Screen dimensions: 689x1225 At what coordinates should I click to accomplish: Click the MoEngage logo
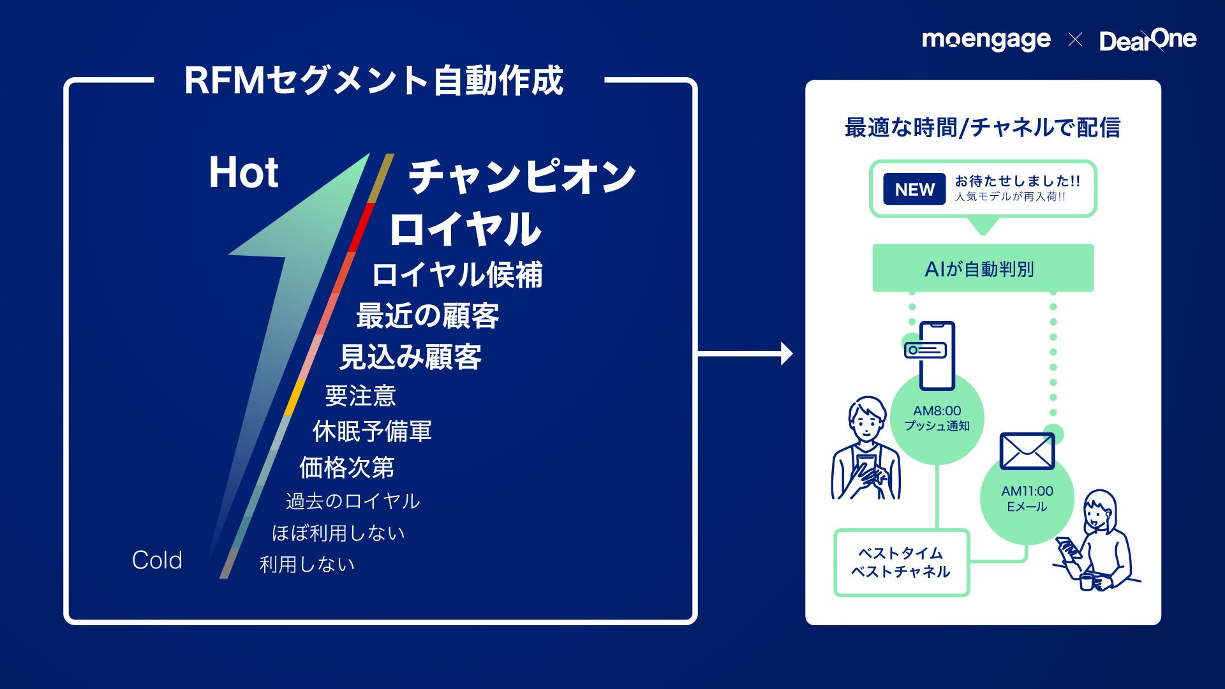(986, 40)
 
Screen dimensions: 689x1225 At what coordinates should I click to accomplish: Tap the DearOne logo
(1148, 40)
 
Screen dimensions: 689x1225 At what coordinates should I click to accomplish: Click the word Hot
(244, 172)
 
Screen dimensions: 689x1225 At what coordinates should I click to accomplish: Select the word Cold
(157, 560)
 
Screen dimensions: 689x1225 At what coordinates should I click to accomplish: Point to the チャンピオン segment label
(522, 176)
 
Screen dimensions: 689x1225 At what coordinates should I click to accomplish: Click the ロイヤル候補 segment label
(457, 275)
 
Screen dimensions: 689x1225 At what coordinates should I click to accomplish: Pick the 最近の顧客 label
(427, 316)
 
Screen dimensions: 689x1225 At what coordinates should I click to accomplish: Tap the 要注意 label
(360, 396)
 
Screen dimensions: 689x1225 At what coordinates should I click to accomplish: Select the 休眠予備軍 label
(372, 431)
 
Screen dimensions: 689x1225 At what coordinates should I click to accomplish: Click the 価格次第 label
(347, 468)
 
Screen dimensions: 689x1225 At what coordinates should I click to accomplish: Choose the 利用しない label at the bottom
(307, 564)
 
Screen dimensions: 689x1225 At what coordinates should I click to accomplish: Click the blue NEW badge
(914, 189)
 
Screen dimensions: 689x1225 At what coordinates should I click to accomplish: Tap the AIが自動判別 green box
(983, 269)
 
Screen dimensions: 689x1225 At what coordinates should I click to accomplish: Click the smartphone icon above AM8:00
(937, 355)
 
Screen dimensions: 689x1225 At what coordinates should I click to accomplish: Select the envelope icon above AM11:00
(1027, 450)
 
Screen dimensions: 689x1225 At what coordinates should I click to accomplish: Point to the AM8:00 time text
(937, 411)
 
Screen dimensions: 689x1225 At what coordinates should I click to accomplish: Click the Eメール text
(1027, 507)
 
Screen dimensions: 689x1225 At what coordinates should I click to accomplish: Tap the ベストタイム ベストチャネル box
(901, 563)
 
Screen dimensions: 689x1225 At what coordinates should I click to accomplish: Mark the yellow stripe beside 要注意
(295, 397)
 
